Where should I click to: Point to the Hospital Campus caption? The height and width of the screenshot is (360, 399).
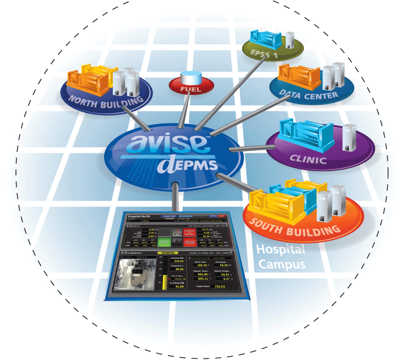280,256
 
